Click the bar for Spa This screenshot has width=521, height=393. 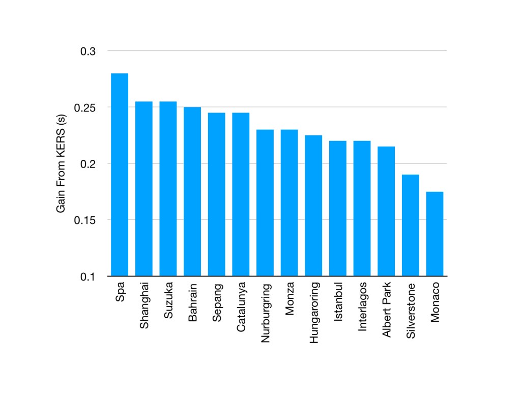click(x=120, y=175)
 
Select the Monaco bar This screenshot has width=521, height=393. click(x=435, y=234)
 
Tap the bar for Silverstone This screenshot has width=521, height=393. click(x=411, y=225)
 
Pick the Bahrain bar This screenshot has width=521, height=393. click(x=192, y=191)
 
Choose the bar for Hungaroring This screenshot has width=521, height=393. click(x=313, y=206)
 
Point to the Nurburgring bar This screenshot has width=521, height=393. click(x=265, y=203)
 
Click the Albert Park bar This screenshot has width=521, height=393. click(x=386, y=211)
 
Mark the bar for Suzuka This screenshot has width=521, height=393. click(x=168, y=189)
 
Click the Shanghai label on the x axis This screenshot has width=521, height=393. click(x=144, y=305)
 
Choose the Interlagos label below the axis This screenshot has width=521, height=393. click(x=362, y=306)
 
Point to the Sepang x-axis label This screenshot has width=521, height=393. click(x=217, y=302)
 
